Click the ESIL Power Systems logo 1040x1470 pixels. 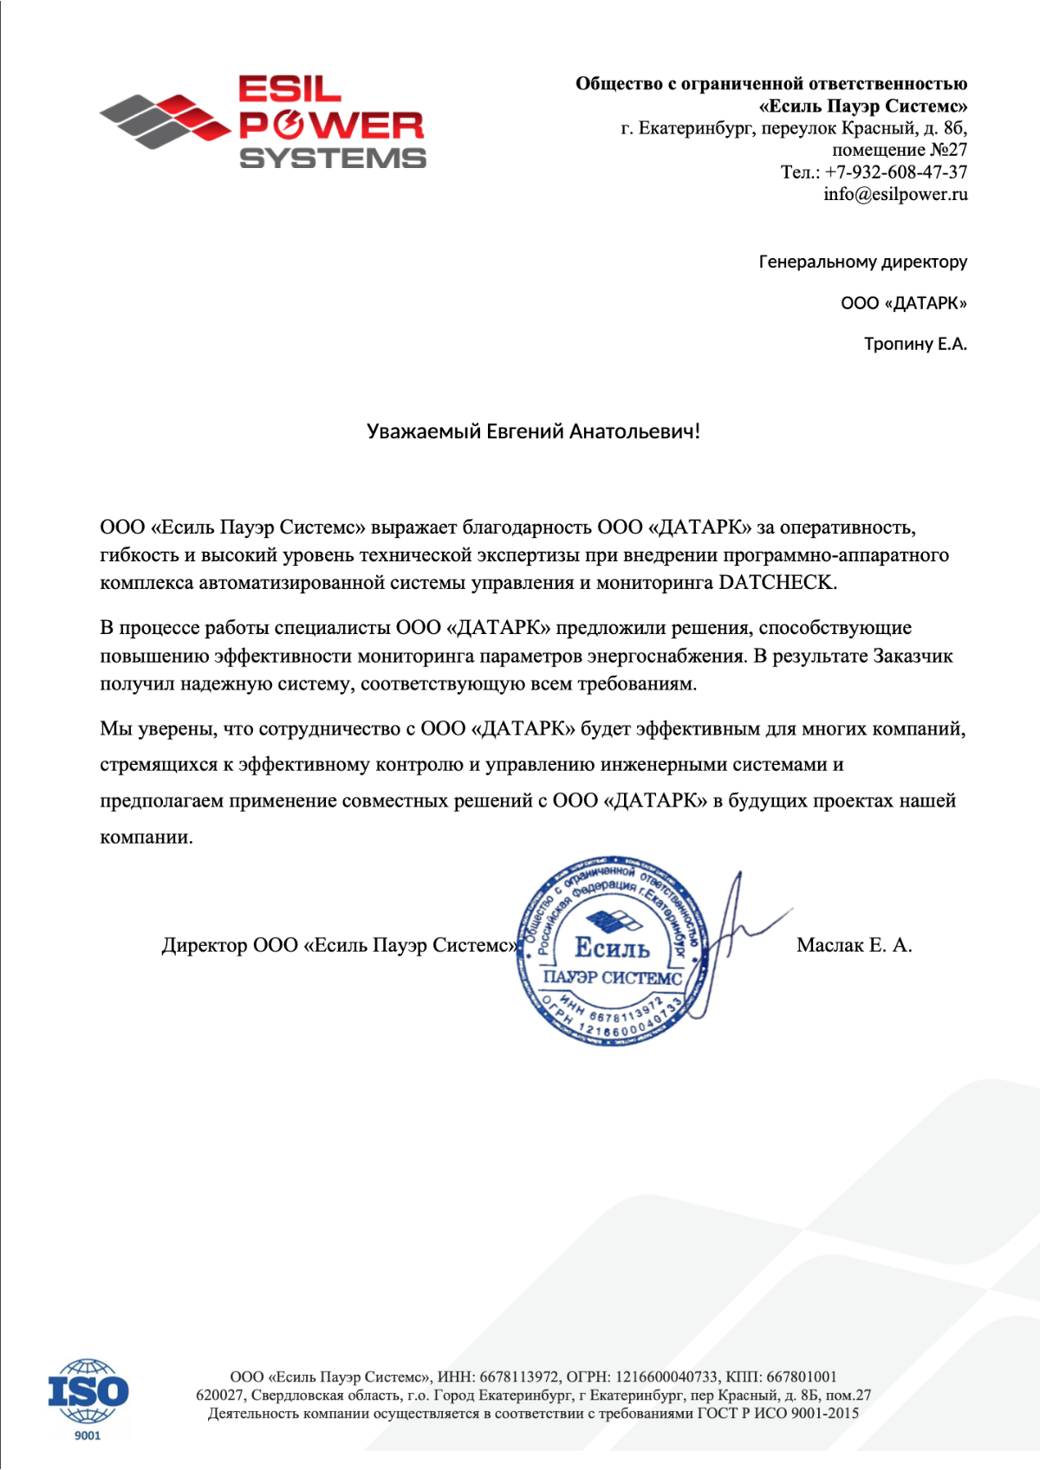pos(263,122)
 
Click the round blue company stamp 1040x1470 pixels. pos(613,950)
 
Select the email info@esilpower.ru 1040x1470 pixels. pos(895,194)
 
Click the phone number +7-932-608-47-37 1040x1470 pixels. pos(895,172)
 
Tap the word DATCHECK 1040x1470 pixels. pos(777,583)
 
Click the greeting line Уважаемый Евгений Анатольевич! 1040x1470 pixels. pos(533,431)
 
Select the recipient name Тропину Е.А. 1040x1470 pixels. pos(915,344)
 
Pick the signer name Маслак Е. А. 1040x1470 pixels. pos(854,945)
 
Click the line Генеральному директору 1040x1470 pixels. pos(863,262)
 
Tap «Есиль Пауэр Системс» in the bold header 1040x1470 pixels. pos(863,107)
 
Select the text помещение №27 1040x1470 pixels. pos(900,150)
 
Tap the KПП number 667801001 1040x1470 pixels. pos(802,1376)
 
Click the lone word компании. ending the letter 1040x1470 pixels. pos(146,838)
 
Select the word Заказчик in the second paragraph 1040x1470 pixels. pos(913,656)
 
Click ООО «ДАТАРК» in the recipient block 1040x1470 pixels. pos(903,303)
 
